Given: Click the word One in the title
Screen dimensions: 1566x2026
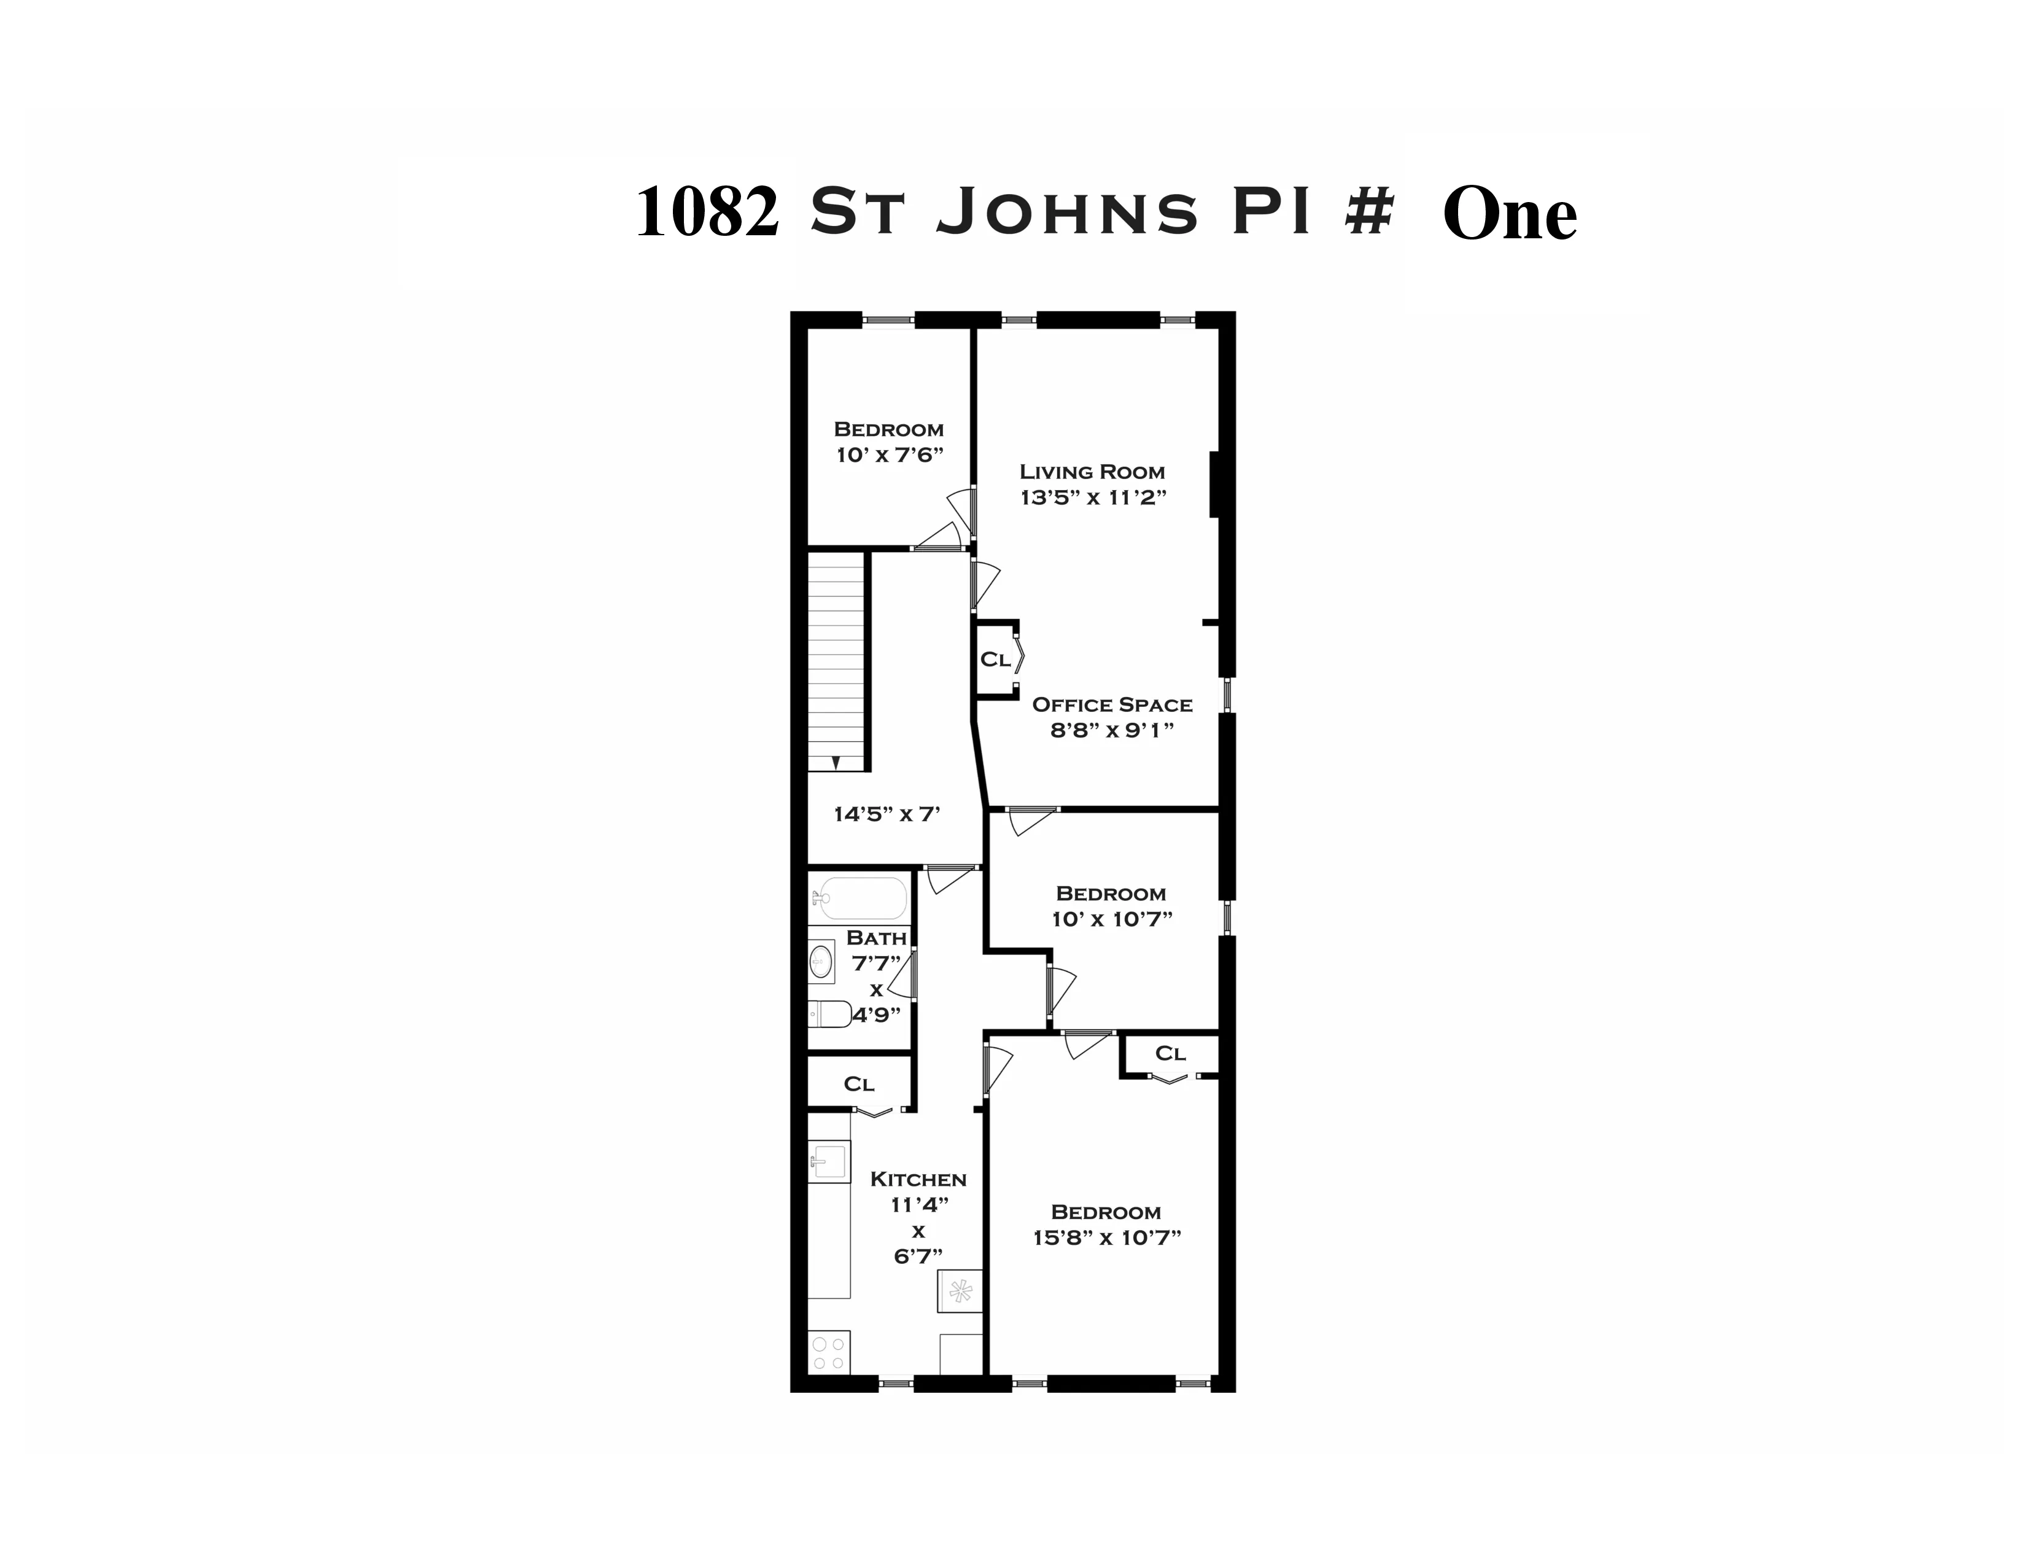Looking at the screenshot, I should [x=1509, y=214].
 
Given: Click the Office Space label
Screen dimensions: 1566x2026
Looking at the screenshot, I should [x=1112, y=704].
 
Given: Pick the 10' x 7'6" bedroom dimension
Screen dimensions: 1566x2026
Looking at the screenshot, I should [x=889, y=454].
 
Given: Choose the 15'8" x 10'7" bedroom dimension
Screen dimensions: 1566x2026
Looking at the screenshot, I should [x=1106, y=1237].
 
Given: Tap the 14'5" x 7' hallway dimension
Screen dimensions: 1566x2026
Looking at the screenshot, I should [x=887, y=814].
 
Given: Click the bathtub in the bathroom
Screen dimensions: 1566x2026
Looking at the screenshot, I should [x=858, y=897].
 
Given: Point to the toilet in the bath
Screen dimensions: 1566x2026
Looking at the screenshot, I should [x=830, y=1014].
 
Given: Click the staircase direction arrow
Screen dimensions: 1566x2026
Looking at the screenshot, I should [x=835, y=762].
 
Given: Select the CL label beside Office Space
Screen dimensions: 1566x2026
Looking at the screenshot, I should [x=995, y=660].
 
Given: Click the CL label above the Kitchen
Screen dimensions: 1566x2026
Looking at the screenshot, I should [x=858, y=1083].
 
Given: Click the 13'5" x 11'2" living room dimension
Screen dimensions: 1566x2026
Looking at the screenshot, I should [x=1092, y=497].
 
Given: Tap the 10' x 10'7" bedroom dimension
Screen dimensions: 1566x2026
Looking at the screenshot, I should [x=1111, y=919].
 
